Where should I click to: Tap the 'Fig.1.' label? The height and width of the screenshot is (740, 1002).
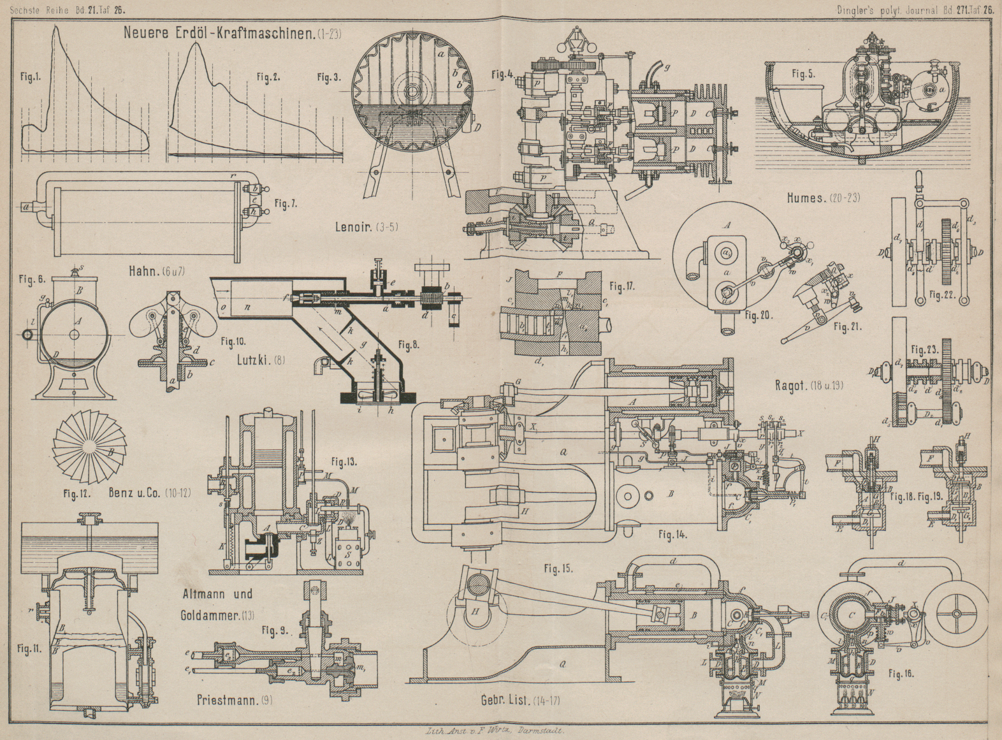tap(29, 77)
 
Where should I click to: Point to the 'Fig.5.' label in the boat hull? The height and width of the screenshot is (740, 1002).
tap(802, 74)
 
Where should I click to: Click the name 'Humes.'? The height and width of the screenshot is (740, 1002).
tap(806, 198)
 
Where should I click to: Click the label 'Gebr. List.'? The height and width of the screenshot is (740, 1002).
tap(505, 701)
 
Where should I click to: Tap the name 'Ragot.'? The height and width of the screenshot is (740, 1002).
tap(791, 386)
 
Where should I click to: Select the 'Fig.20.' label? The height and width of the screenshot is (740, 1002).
tap(758, 316)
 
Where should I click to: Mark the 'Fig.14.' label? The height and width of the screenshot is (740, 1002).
tap(672, 535)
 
